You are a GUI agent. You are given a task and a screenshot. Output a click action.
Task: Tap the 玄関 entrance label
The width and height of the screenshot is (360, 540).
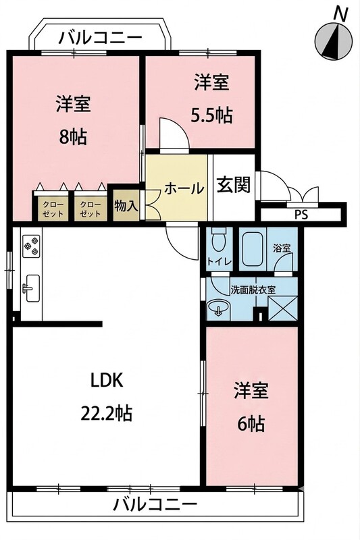pos(234,186)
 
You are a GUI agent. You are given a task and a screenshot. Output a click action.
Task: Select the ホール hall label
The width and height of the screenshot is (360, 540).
pos(184,188)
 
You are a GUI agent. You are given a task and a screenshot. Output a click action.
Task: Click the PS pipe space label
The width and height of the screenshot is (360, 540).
pos(301,215)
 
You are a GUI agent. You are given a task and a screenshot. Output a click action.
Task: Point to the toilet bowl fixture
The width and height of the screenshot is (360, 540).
pos(217,240)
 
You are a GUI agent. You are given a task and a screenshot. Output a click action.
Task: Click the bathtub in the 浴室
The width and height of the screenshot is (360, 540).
pos(253,248)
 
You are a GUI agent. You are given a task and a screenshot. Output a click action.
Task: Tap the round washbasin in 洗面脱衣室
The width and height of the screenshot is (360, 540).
pos(218,307)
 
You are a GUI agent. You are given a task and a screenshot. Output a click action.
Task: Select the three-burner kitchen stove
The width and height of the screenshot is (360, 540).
pos(31,246)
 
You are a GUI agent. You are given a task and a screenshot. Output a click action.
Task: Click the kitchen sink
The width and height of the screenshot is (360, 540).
pos(32,289)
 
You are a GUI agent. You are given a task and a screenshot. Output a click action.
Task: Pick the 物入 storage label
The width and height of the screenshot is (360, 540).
pos(126,207)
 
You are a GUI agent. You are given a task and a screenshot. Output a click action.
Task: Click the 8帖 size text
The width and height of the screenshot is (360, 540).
pos(72,137)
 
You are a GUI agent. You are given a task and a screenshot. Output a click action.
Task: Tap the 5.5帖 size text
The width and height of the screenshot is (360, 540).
pos(211,115)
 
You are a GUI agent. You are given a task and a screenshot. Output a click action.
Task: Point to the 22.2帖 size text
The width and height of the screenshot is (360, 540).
pos(107,413)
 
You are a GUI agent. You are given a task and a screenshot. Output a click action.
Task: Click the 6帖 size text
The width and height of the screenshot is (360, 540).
pos(251,424)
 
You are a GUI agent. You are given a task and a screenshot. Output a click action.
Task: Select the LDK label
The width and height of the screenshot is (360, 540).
pos(107,381)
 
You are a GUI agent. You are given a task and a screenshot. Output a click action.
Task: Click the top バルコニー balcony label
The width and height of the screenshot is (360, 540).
pos(101,37)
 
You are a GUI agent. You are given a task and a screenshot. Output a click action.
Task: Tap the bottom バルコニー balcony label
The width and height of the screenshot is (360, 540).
pos(155,505)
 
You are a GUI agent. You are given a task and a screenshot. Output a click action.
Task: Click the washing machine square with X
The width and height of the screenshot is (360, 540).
pos(282,308)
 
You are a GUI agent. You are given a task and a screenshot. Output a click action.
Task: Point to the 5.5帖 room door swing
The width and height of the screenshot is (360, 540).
pos(174,134)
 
